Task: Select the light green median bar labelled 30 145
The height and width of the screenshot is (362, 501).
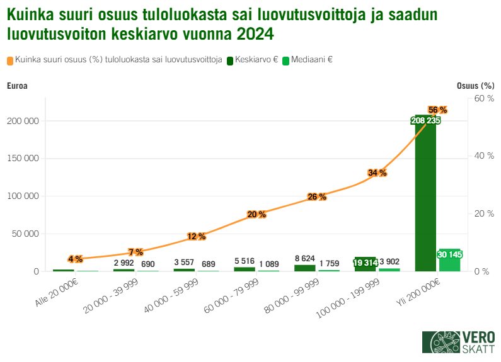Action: [x=449, y=261]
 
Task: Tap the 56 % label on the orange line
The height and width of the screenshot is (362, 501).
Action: [x=437, y=110]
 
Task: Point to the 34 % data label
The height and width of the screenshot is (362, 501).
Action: [x=377, y=173]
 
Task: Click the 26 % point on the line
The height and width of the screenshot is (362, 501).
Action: [x=316, y=196]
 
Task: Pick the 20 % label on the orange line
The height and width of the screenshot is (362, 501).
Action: [x=256, y=214]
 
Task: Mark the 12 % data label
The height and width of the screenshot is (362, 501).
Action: [x=196, y=236]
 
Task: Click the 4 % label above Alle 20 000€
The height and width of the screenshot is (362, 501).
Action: [x=75, y=259]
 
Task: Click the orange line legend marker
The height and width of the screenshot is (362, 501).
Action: [x=11, y=60]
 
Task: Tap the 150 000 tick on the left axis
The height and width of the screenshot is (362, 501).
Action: [x=25, y=159]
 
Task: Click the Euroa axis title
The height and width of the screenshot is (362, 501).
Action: [x=17, y=86]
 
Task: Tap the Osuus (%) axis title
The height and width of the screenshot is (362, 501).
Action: [x=475, y=86]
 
